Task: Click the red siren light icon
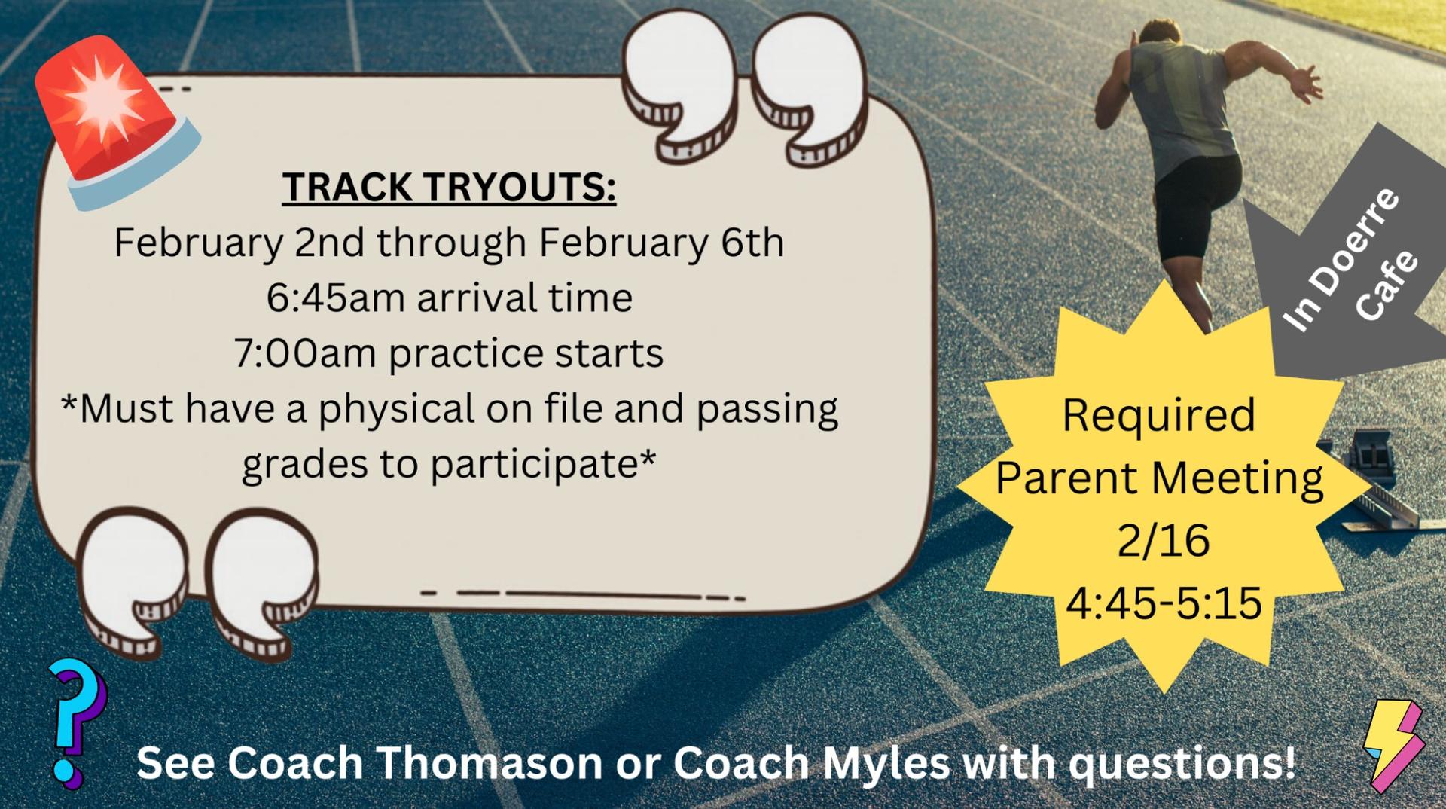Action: [x=117, y=124]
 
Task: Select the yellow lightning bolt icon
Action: [x=1394, y=744]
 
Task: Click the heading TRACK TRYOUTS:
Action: [x=450, y=187]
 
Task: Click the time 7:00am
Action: [x=305, y=353]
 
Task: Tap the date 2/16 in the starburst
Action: [x=1164, y=540]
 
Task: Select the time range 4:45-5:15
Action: [x=1164, y=603]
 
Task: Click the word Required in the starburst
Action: [x=1159, y=415]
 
